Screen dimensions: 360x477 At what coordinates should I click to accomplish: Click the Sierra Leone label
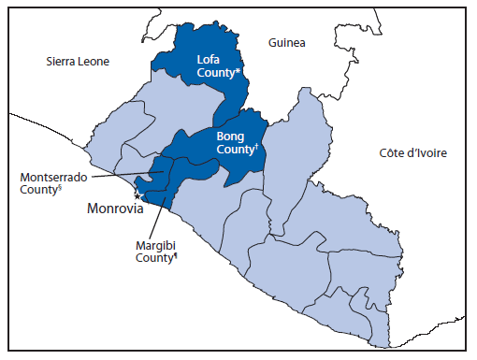(78, 62)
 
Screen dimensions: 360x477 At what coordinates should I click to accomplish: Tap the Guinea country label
(286, 43)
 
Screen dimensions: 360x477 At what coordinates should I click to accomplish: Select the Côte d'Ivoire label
(412, 152)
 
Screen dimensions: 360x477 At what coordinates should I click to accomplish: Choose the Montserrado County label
(51, 181)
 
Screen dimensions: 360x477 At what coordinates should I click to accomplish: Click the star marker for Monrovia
(137, 196)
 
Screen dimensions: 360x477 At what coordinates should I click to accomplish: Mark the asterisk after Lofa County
(239, 69)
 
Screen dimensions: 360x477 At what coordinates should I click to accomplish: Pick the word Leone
(92, 62)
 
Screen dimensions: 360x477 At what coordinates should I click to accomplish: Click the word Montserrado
(51, 175)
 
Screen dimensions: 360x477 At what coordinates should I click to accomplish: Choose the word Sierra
(60, 62)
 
